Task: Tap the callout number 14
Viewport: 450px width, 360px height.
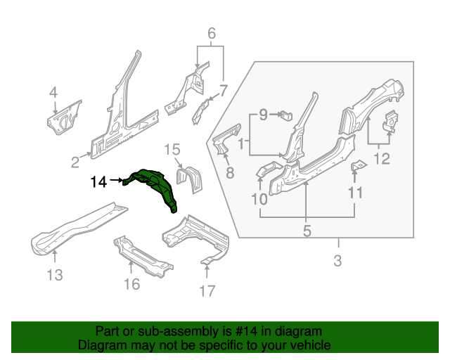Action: [x=98, y=182]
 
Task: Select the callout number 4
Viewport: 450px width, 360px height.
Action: [x=53, y=93]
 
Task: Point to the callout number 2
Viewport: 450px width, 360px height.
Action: [x=75, y=163]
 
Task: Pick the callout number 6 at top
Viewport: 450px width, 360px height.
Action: [x=211, y=33]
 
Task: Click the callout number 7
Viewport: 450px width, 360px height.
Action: [x=224, y=89]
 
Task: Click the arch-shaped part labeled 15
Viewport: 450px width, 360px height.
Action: [x=188, y=178]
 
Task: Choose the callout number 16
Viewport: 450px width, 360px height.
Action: [x=131, y=283]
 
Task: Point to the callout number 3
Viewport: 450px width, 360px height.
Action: [x=337, y=262]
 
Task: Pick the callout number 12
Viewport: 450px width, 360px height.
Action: [x=380, y=159]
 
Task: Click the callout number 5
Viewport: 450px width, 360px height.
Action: [x=307, y=229]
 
